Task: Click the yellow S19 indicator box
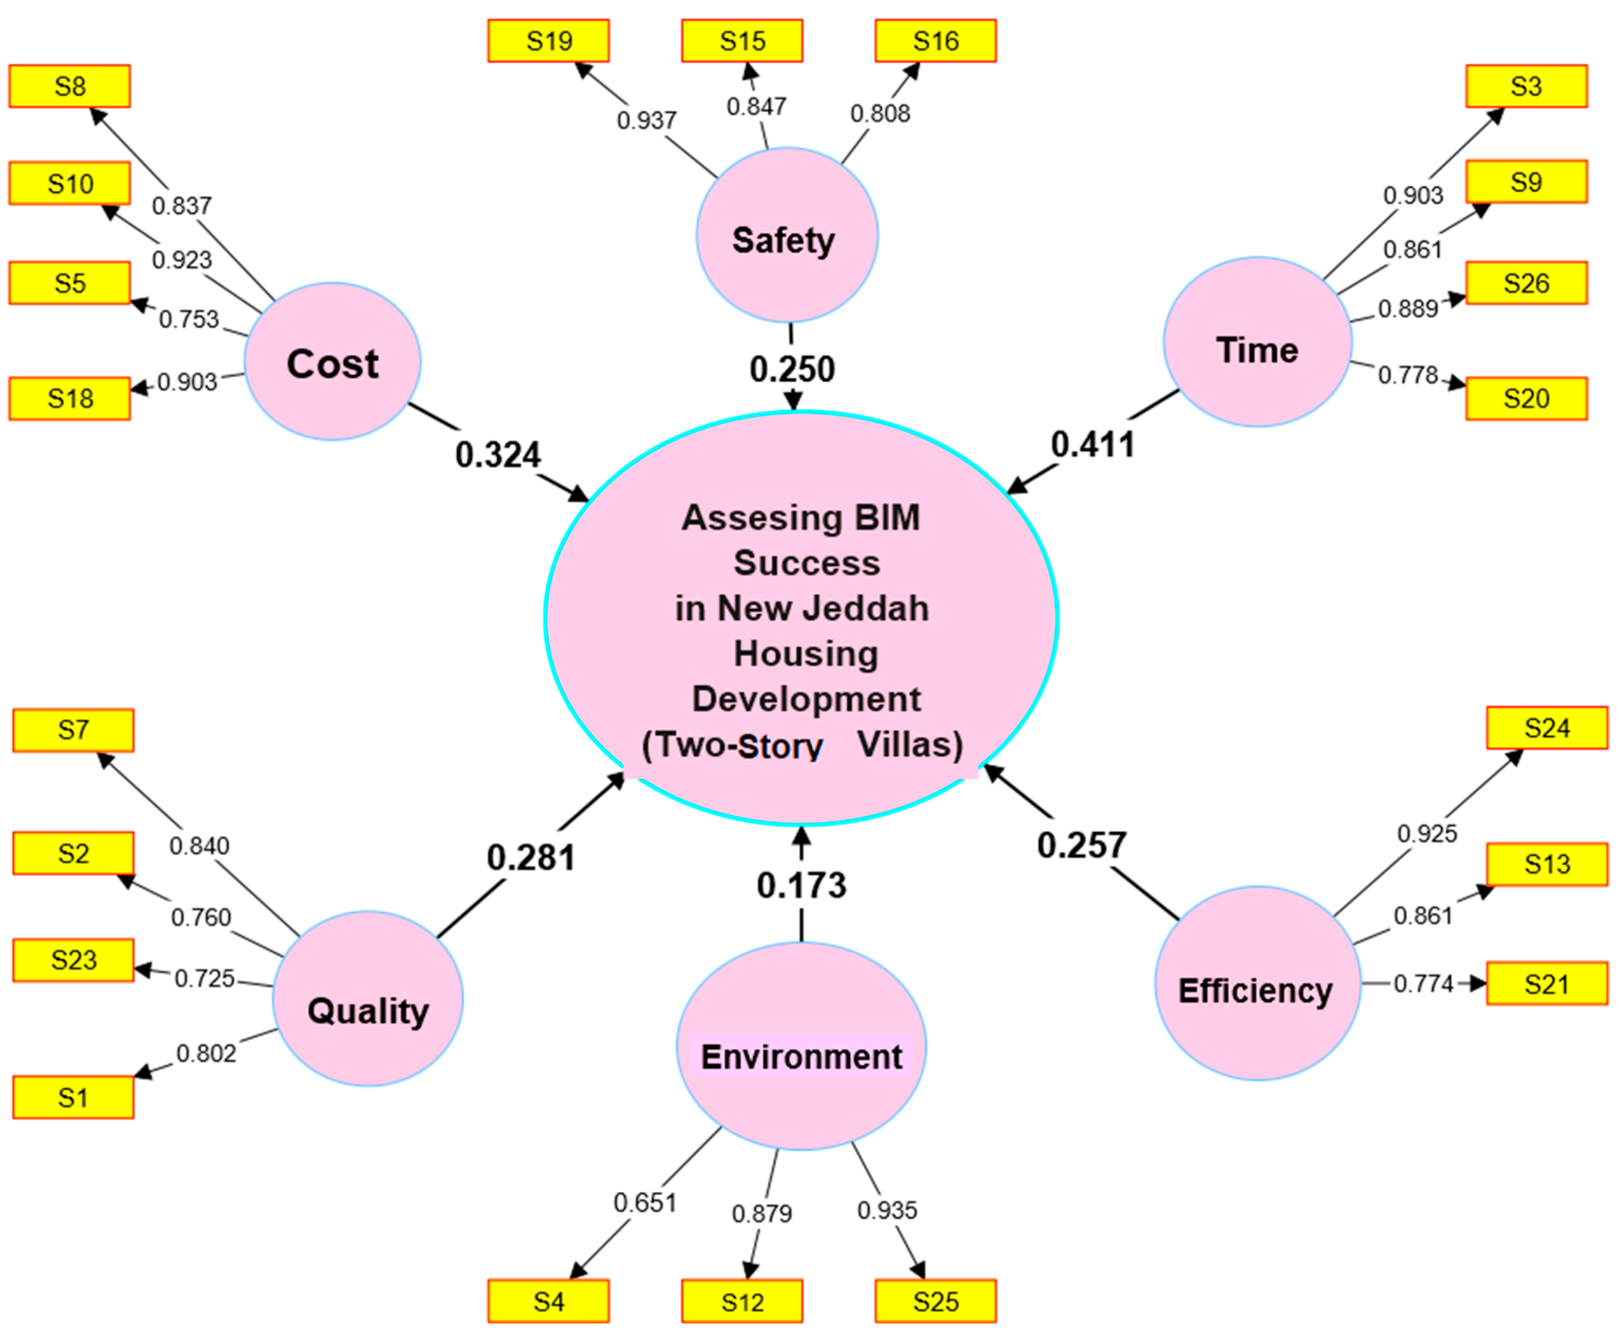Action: pos(548,41)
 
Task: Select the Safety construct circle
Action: pos(786,235)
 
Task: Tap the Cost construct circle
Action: pos(333,362)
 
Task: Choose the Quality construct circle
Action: pos(368,999)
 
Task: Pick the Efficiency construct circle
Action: pos(1257,983)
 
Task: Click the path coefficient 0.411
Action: pos(1092,445)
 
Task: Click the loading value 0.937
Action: pos(646,120)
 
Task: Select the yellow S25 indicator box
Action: pos(935,1301)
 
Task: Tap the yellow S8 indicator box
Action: pos(69,87)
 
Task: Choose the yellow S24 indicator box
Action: pos(1547,728)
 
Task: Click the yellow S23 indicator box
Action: pos(73,960)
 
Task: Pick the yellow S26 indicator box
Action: pos(1526,283)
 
